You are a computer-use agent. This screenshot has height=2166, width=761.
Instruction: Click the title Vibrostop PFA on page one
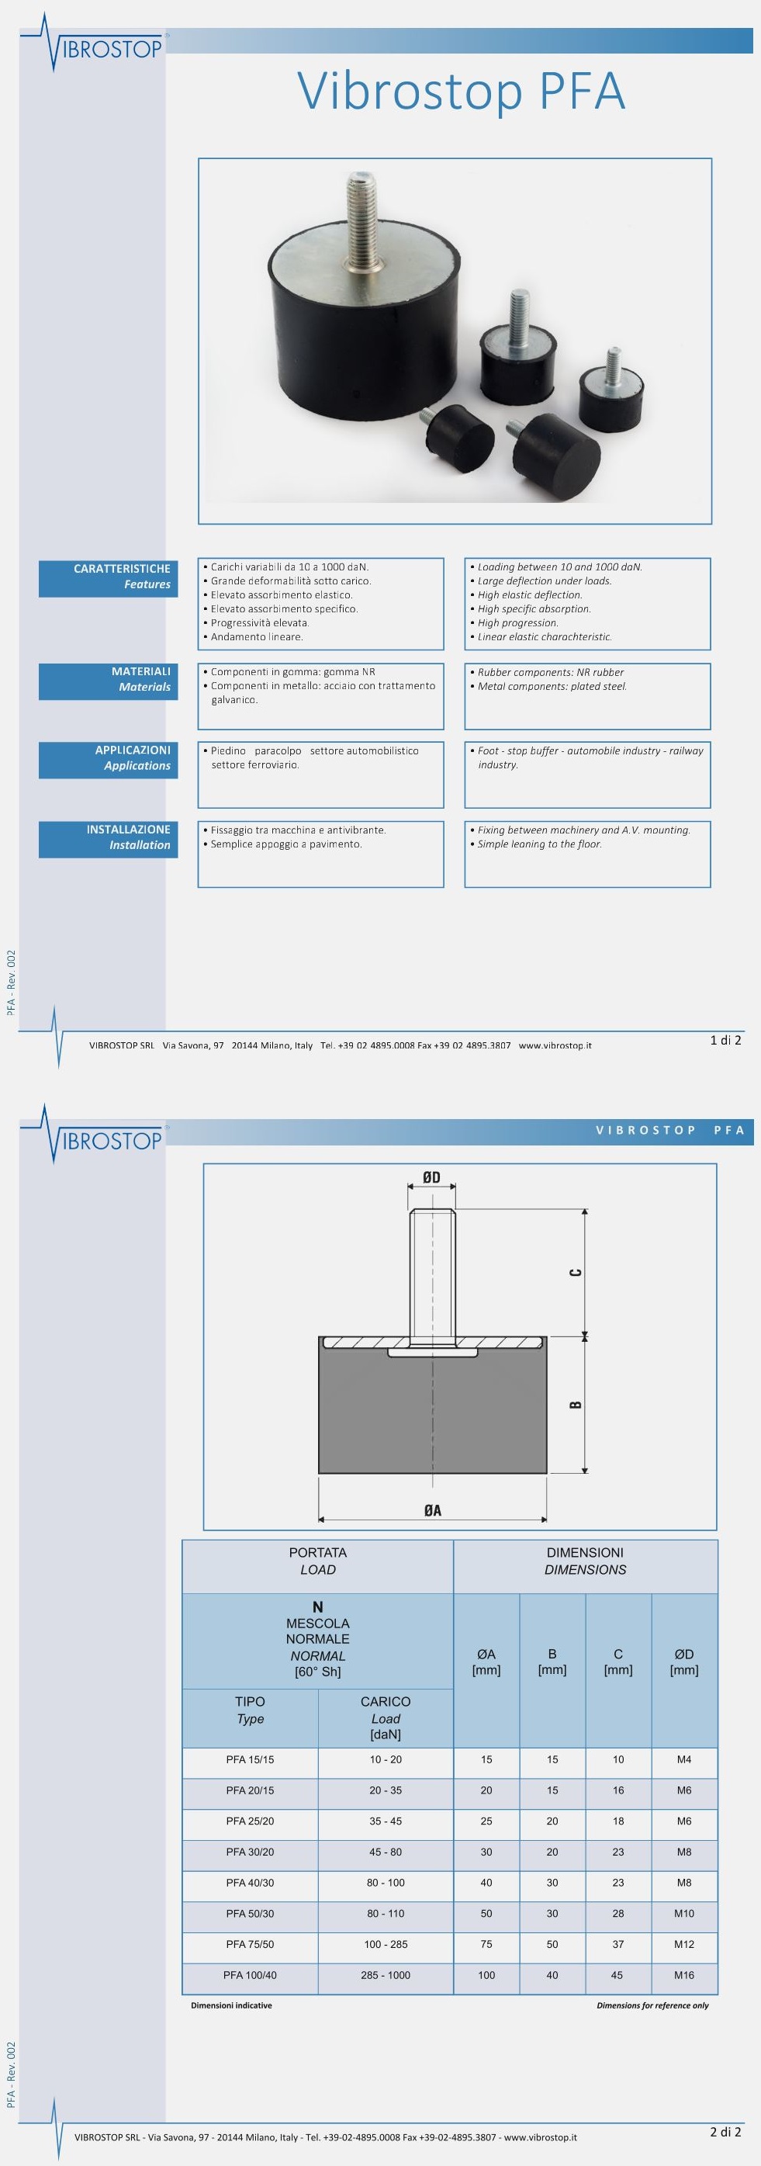(x=462, y=91)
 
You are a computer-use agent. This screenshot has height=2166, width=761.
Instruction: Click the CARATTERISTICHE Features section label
(x=109, y=576)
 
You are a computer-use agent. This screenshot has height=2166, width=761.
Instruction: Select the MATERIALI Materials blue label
(x=109, y=679)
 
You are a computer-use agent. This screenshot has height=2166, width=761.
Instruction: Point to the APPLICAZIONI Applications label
(x=109, y=757)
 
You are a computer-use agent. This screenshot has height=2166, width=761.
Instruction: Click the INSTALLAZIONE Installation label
(x=109, y=837)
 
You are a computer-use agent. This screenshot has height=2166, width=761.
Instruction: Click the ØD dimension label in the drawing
(x=431, y=1178)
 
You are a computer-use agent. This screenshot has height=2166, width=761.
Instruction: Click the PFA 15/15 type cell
(x=250, y=1760)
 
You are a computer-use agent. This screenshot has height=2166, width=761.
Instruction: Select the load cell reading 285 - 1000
(x=385, y=1975)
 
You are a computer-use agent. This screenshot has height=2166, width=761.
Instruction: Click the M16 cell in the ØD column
(x=683, y=1975)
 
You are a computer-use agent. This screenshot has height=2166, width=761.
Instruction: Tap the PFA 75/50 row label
(x=250, y=1944)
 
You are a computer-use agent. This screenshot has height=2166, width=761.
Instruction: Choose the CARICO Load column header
(x=385, y=1718)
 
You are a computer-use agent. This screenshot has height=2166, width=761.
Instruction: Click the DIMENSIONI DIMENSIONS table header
(x=584, y=1561)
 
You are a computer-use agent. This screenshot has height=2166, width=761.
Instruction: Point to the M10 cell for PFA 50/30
(x=683, y=1913)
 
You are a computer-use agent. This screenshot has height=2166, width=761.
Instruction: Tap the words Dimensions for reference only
(x=652, y=2005)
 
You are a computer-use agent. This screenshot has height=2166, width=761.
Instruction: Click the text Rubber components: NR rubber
(x=550, y=672)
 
